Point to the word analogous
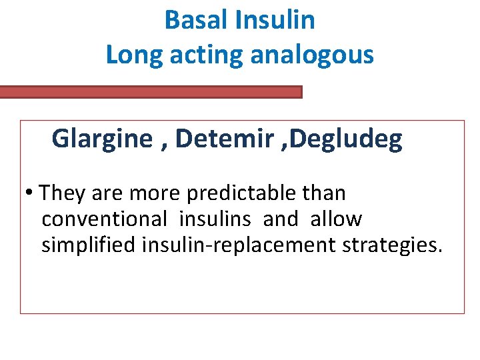(x=312, y=55)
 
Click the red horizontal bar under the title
(x=151, y=92)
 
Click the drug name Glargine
(x=101, y=139)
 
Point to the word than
(x=324, y=193)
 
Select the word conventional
(x=104, y=219)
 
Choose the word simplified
(x=89, y=245)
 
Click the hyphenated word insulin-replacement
(x=239, y=245)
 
